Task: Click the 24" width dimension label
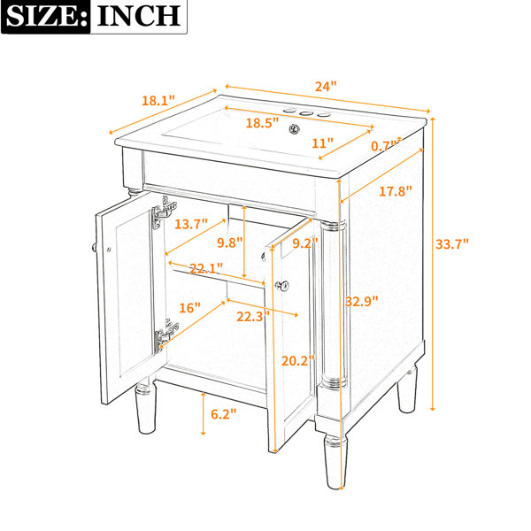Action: click(x=326, y=87)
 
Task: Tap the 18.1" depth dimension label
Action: click(x=158, y=100)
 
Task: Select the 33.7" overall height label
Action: click(x=452, y=244)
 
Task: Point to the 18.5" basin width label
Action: click(x=262, y=123)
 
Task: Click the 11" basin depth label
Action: click(x=322, y=143)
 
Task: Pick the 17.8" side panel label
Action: click(x=396, y=191)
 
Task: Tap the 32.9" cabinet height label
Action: click(x=361, y=301)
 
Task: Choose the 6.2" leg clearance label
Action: click(x=224, y=414)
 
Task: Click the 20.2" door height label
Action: click(x=298, y=361)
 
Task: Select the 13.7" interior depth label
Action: click(x=191, y=224)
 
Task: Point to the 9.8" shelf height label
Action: click(x=230, y=242)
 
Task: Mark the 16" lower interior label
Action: click(x=189, y=308)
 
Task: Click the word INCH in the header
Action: click(x=139, y=16)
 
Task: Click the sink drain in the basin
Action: click(x=295, y=129)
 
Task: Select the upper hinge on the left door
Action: click(x=164, y=212)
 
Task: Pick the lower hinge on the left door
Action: click(x=166, y=335)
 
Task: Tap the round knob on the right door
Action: click(x=282, y=286)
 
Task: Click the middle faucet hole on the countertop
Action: click(x=307, y=114)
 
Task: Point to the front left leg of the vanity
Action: click(x=146, y=408)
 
